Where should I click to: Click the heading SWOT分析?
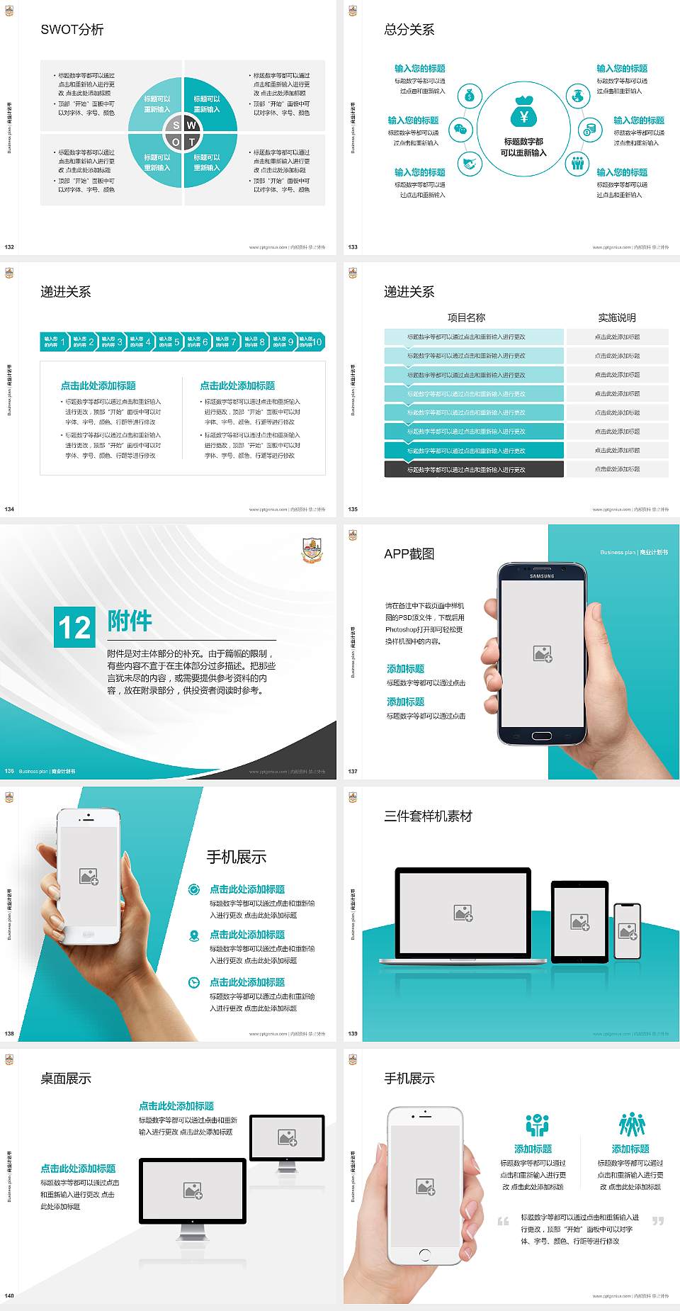(72, 30)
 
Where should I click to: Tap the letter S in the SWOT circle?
(176, 125)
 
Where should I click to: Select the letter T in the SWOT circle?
(192, 142)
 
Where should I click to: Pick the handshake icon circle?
(469, 164)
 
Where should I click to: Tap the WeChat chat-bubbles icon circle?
(461, 130)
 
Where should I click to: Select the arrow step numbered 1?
(55, 342)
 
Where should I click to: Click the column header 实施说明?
(617, 317)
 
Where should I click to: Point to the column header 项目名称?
(467, 317)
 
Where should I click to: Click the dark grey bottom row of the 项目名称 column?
(474, 469)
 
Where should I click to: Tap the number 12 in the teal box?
(74, 627)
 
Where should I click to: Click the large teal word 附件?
(130, 621)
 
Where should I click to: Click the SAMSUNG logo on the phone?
(542, 576)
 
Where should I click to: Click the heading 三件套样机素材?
(428, 816)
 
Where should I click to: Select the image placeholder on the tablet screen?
(580, 922)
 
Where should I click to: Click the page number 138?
(9, 1033)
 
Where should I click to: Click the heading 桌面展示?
(66, 1079)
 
